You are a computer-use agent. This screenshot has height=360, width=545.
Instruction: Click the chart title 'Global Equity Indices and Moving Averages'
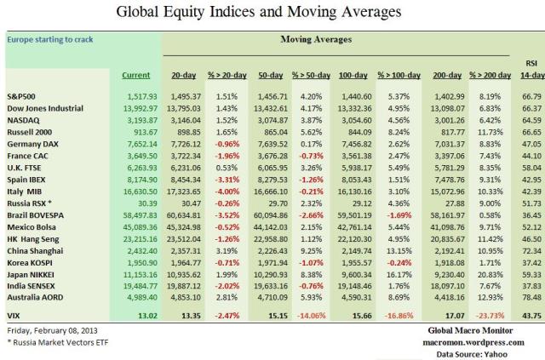coord(272,13)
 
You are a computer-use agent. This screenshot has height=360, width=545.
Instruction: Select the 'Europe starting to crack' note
coord(52,39)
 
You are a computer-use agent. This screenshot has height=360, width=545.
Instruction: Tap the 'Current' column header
coord(135,76)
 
